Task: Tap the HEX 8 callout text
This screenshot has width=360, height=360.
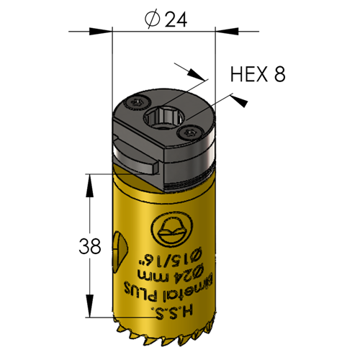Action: [x=258, y=74]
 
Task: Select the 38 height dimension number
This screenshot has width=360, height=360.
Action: [x=90, y=246]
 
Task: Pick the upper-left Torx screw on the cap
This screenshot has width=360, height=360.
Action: [x=138, y=103]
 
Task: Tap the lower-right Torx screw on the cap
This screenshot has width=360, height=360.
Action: [x=191, y=132]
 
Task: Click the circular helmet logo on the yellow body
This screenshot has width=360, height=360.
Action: [x=172, y=229]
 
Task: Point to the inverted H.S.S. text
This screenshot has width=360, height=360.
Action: [x=172, y=312]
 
